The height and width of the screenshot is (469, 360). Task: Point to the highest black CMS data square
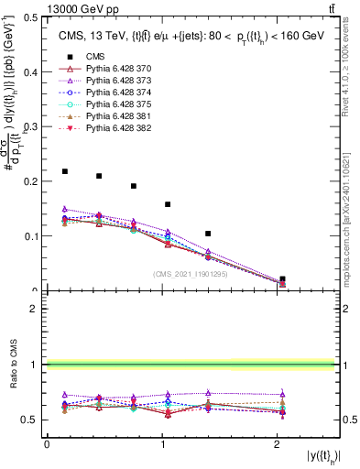[x=64, y=171]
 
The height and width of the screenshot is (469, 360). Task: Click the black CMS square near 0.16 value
[x=168, y=204]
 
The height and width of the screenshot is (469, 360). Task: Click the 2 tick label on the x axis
[x=278, y=444]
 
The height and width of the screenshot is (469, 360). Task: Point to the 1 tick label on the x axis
[x=162, y=444]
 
